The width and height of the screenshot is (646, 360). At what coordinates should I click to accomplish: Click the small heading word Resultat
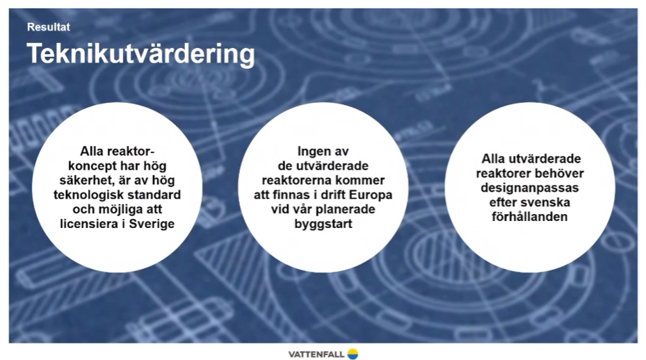[x=48, y=27]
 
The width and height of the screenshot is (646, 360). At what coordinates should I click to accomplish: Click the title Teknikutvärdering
[x=141, y=54]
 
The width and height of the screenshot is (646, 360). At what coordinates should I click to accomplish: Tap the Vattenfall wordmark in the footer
[x=316, y=354]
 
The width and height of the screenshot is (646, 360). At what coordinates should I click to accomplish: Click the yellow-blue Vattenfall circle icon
[x=353, y=354]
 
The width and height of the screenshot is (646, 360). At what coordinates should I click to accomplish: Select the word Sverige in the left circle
[x=152, y=224]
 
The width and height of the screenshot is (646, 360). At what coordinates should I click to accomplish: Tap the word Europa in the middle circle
[x=371, y=195]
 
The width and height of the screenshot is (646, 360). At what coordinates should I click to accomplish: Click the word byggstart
[x=323, y=224]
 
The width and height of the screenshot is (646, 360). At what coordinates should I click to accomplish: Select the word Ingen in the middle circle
[x=313, y=152]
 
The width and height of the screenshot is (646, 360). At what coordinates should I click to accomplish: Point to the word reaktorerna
[x=297, y=181]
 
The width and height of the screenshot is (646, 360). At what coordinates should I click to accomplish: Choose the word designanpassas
[x=529, y=188]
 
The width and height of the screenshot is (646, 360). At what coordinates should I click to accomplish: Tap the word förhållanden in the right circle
[x=529, y=217]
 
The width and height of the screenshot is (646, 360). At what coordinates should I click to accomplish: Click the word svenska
[x=548, y=202]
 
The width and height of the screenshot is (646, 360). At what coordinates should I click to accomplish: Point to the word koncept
[x=92, y=166]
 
